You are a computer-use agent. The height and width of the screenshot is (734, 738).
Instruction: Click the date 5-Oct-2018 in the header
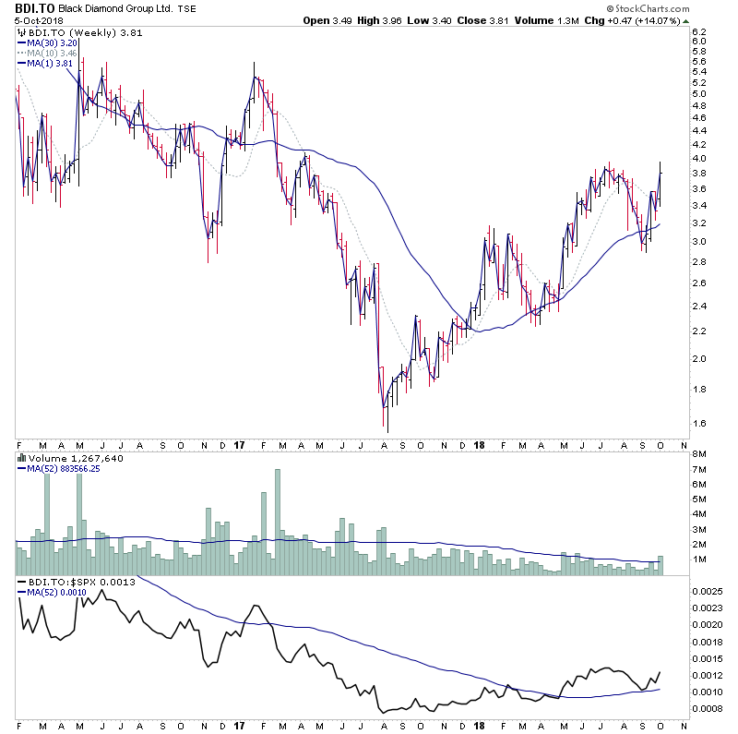(x=32, y=20)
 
